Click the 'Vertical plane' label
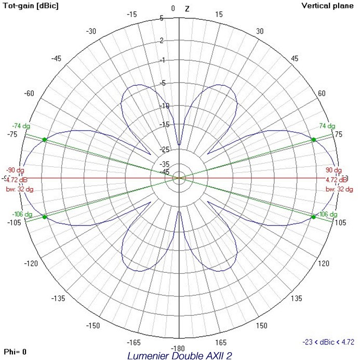pos(328,6)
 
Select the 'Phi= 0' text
pos(16,352)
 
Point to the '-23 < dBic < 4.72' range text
pos(328,342)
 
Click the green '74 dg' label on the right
pos(327,126)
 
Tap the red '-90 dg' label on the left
pos(15,170)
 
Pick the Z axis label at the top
pos(187,9)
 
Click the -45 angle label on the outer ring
pos(56,58)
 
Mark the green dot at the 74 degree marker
pos(313,140)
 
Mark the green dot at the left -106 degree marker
pos(44,217)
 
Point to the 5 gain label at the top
pos(176,18)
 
